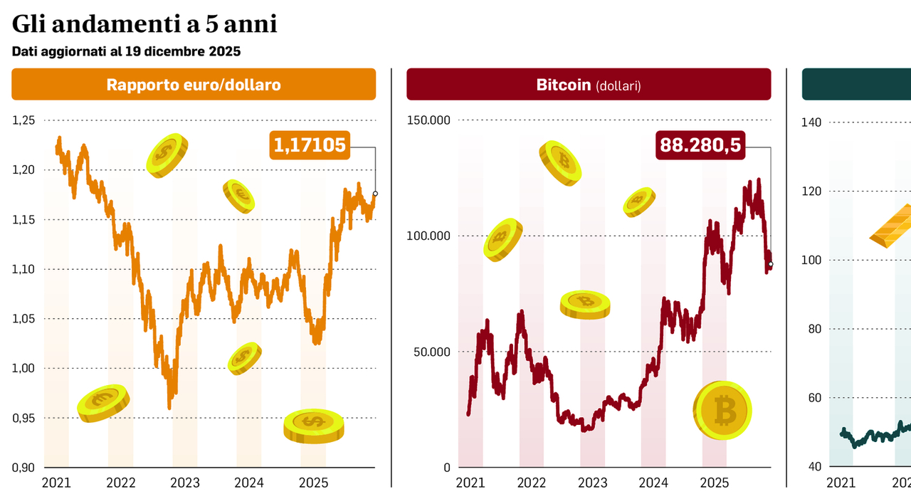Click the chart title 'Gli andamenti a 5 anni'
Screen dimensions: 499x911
[x=144, y=24]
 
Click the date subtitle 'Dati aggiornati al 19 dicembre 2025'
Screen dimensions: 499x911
[x=126, y=51]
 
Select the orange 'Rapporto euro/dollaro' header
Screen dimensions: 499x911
[x=194, y=85]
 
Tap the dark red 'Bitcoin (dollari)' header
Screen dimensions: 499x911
[x=589, y=85]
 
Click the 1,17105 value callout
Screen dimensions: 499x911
[x=310, y=145]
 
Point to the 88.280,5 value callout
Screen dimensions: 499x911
[x=700, y=145]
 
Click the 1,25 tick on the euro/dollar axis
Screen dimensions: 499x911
[x=23, y=120]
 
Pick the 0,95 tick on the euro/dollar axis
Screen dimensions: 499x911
[x=23, y=418]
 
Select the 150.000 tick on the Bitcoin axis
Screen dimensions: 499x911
[x=428, y=120]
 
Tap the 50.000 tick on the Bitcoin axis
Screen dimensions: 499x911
[x=431, y=352]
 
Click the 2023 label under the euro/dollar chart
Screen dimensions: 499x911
[x=185, y=483]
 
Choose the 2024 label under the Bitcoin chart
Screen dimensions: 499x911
[x=653, y=483]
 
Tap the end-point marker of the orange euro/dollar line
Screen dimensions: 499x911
[x=375, y=194]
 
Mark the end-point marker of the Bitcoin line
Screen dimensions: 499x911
[x=771, y=264]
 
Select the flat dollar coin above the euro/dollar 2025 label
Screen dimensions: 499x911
[x=313, y=426]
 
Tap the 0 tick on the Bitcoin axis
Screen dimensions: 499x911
[x=446, y=468]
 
